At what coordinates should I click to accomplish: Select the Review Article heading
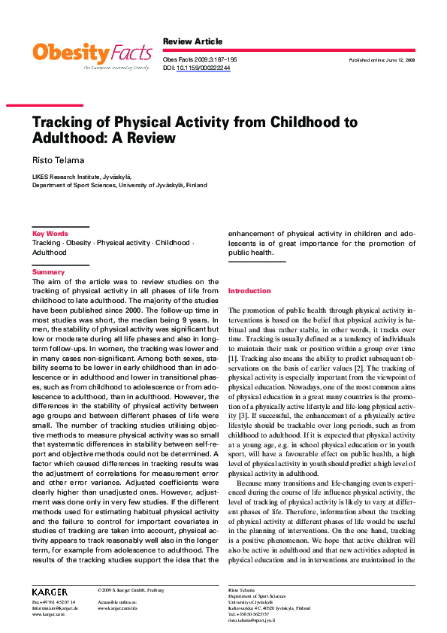coord(193,41)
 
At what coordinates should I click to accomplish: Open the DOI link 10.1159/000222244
coord(204,68)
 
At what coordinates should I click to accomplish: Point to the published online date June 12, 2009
coord(382,59)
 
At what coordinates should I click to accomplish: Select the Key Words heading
coord(50,234)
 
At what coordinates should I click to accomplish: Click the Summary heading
coord(48,272)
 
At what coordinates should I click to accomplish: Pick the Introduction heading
coord(249,290)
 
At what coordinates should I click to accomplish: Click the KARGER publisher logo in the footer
coord(50,592)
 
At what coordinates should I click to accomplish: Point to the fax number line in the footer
coord(53,602)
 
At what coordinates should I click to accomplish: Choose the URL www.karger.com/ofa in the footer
coord(118,608)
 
